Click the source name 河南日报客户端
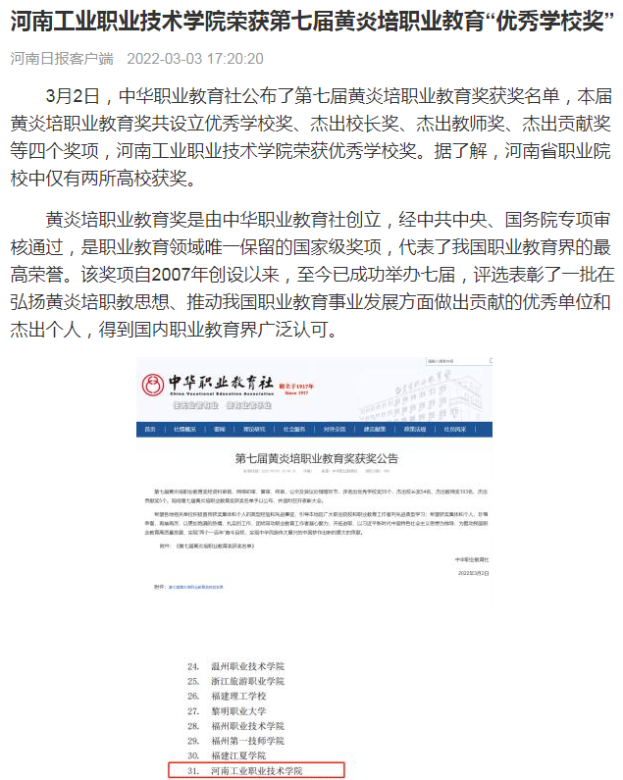coord(62,59)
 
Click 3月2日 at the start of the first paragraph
coord(73,96)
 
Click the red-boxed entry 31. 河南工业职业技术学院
coord(255,771)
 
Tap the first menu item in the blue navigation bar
coord(150,429)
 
